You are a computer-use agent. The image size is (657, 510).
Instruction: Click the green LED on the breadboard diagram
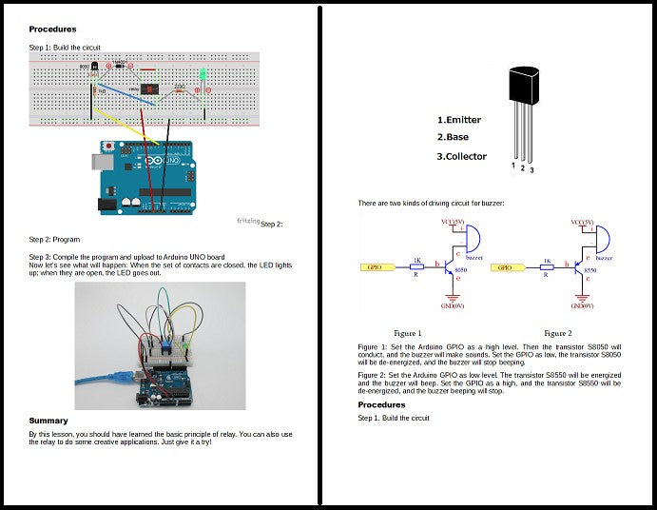[203, 74]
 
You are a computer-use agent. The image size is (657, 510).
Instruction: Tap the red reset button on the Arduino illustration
[111, 146]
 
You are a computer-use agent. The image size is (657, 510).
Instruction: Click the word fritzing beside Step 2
[248, 221]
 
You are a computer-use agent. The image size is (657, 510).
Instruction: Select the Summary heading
[48, 420]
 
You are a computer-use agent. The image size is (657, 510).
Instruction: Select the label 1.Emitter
[459, 120]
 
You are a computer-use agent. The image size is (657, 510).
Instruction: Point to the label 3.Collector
[462, 156]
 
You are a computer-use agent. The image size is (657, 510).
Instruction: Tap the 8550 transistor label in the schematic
[589, 271]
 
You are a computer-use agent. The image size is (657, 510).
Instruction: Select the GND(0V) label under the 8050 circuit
[451, 306]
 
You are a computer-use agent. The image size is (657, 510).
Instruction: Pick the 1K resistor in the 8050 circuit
[416, 267]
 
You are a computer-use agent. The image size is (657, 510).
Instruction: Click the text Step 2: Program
[54, 240]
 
